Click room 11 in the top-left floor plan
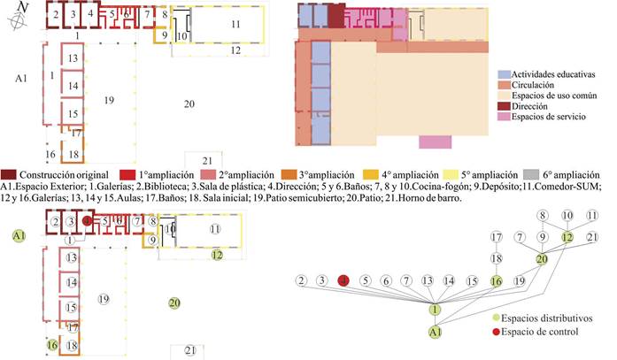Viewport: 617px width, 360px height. [x=235, y=25]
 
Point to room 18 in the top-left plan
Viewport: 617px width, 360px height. [x=73, y=154]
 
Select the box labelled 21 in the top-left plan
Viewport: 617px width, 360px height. [x=205, y=159]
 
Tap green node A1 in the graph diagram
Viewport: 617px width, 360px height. [x=435, y=333]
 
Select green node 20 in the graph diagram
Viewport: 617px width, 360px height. [x=542, y=259]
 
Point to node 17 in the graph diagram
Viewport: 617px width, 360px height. [x=496, y=237]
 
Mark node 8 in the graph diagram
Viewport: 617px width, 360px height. [x=542, y=215]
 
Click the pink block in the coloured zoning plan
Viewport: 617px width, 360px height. [x=436, y=142]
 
